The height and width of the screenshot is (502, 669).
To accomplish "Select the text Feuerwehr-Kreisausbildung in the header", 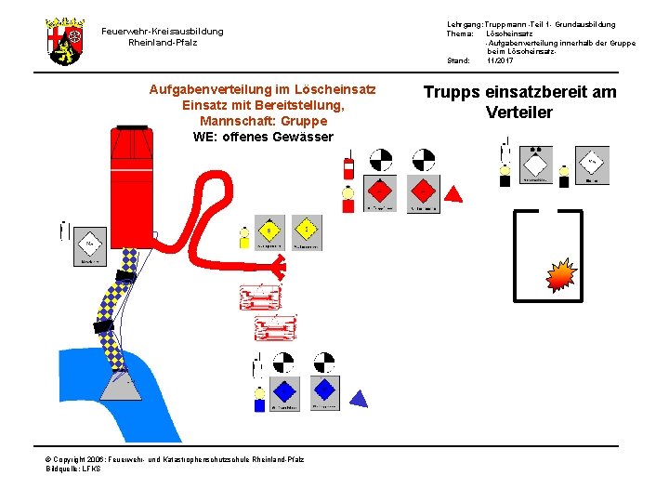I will [163, 32].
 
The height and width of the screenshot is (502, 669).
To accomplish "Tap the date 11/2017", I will [500, 60].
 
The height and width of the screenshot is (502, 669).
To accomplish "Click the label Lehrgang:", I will [464, 24].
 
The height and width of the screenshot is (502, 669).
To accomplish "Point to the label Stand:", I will [458, 60].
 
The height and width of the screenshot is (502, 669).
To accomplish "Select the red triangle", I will [454, 194].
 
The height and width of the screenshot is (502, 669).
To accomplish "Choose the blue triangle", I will [357, 398].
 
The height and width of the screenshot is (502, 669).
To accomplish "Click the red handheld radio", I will [349, 168].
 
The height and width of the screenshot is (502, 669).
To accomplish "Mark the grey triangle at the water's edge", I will [122, 384].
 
